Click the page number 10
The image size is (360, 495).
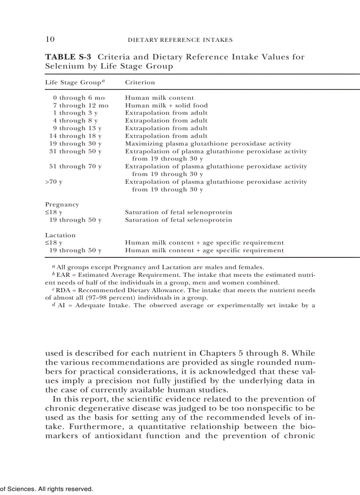50,40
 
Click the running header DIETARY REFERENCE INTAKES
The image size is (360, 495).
180,40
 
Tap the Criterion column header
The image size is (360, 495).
140,82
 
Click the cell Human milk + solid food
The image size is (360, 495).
166,105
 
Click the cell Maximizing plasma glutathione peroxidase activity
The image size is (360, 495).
208,144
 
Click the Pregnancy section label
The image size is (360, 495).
62,205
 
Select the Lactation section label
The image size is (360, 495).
60,235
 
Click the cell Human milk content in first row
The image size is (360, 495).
159,98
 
